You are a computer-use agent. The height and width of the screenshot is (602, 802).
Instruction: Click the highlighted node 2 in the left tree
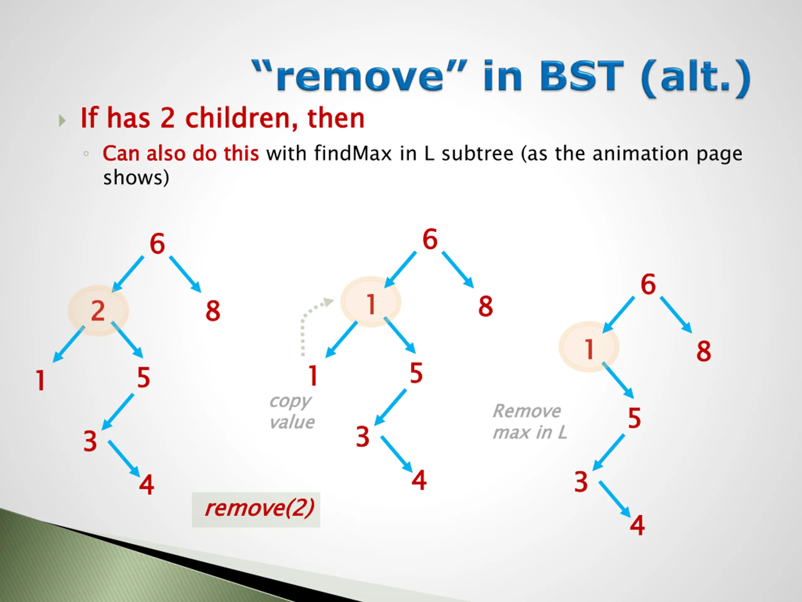pos(98,311)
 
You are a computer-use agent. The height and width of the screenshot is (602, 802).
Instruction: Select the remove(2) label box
pos(256,510)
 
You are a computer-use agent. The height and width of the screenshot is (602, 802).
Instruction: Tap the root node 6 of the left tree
pos(157,244)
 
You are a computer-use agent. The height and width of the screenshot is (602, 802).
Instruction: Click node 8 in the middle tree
pos(486,306)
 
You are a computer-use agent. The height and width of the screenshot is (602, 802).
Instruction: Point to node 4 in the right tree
pos(637,525)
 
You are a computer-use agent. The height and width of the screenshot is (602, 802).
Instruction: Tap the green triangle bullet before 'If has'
pos(62,120)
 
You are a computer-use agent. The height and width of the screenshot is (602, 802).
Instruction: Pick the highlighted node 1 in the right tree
pos(589,347)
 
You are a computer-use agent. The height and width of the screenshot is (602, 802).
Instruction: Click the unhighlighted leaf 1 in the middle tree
pos(313,376)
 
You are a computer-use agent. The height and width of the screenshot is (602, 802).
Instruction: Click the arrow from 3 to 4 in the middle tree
pos(397,454)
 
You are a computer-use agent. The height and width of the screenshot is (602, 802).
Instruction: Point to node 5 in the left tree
pos(143,378)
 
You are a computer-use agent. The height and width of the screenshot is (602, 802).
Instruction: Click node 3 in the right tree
pos(581,482)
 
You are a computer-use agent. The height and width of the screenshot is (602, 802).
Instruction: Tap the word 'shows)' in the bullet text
pos(136,178)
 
